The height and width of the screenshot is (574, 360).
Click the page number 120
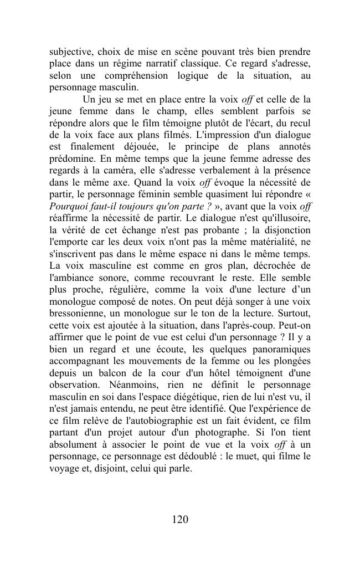180,519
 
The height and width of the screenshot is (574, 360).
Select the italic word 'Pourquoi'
67,207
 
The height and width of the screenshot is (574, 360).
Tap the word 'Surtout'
293,314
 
